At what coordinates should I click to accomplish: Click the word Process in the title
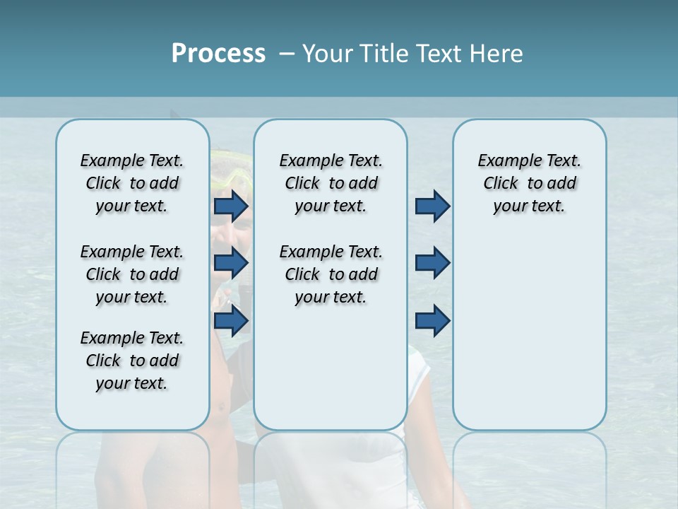[218, 54]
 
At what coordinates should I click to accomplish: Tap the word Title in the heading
[383, 54]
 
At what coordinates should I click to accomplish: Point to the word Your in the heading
[327, 54]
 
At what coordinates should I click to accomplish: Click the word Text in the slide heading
[439, 54]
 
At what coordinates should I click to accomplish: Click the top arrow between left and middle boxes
[231, 206]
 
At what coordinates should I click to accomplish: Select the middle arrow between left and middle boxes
[231, 263]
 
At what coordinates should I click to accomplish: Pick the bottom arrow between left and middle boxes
[231, 321]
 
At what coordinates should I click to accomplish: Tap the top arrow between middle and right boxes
[432, 206]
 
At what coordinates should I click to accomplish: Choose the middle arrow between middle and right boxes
[432, 263]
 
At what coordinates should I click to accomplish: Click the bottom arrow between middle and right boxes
[432, 321]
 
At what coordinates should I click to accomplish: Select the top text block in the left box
[132, 183]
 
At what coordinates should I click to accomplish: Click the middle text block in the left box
[132, 274]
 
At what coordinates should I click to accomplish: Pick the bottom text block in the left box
[132, 361]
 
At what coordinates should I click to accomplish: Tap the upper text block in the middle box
[331, 183]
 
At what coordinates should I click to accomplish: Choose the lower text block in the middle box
[331, 274]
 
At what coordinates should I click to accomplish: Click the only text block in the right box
[529, 183]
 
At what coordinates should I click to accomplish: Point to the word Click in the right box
[501, 184]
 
